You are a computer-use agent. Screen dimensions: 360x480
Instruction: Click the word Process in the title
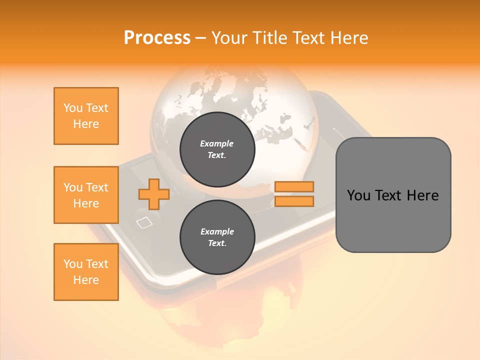157,38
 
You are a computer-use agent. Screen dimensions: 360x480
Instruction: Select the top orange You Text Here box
86,116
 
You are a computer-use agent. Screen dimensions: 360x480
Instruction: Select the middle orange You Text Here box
86,195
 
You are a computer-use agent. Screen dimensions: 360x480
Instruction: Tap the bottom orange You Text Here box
86,272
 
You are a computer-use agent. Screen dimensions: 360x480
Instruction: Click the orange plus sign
154,194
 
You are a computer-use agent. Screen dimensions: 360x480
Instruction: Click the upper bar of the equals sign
294,186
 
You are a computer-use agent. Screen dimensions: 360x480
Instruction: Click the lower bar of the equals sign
294,201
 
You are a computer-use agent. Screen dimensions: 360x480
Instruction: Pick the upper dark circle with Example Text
217,149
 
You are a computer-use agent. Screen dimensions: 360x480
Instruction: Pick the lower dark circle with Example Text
217,237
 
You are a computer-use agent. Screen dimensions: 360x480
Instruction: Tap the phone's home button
144,222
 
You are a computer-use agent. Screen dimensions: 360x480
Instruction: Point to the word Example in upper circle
217,144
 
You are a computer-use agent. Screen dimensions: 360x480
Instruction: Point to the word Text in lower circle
217,243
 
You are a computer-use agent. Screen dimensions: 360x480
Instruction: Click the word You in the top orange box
72,108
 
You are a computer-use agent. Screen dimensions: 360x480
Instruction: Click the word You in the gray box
358,195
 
